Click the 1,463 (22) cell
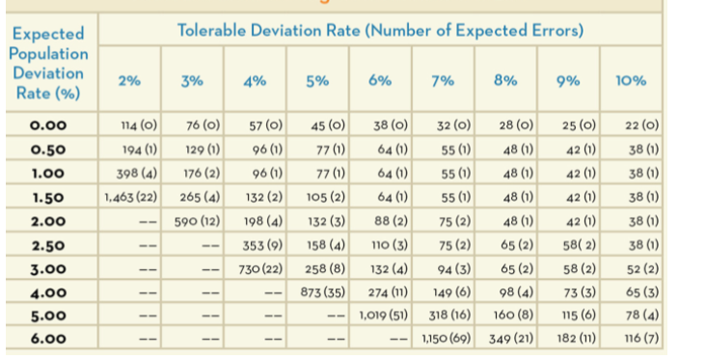point(131,198)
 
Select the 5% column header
point(316,82)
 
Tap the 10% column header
point(631,82)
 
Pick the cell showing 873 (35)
point(316,291)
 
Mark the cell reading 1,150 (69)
point(444,339)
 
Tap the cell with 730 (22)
point(257,267)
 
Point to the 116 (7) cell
point(635,339)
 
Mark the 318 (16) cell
point(446,315)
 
